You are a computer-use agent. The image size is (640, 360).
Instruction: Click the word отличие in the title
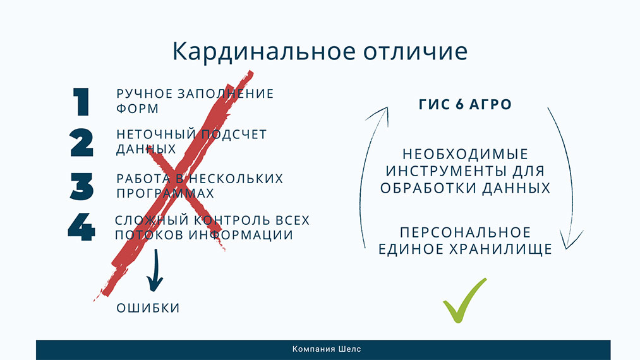click(x=411, y=52)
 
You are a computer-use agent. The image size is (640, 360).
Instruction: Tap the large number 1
click(x=82, y=102)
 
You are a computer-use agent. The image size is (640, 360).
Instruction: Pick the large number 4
click(x=82, y=227)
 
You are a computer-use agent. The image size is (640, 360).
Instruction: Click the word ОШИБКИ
click(x=148, y=308)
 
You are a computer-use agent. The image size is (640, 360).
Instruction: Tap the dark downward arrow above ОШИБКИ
click(x=154, y=272)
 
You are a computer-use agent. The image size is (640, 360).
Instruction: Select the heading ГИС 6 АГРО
click(x=465, y=105)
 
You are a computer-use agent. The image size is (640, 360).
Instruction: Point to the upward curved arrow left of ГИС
click(x=371, y=177)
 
